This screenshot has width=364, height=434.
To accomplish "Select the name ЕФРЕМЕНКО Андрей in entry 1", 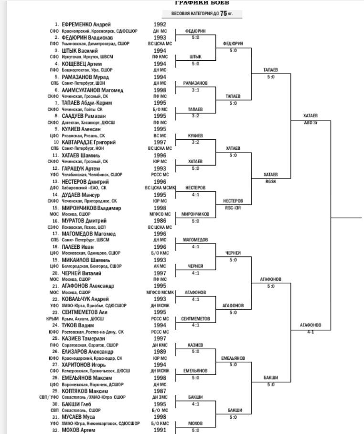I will point(86,24).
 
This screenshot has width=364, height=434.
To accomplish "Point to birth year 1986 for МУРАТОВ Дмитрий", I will point(160,221).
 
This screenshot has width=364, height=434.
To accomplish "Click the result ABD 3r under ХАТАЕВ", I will point(310,122).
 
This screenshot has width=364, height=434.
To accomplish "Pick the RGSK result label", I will point(271,181).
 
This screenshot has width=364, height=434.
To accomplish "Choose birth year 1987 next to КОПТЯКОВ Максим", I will point(160,390).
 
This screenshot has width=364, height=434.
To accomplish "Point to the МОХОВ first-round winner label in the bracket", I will point(195,423).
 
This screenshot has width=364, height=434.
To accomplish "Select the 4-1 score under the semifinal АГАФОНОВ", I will point(310,332).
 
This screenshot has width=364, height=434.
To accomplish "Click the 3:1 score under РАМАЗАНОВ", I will point(195,89).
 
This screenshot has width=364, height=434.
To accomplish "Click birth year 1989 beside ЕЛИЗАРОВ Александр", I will point(160,352).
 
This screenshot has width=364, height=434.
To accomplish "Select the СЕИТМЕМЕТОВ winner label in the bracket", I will point(195,319).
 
